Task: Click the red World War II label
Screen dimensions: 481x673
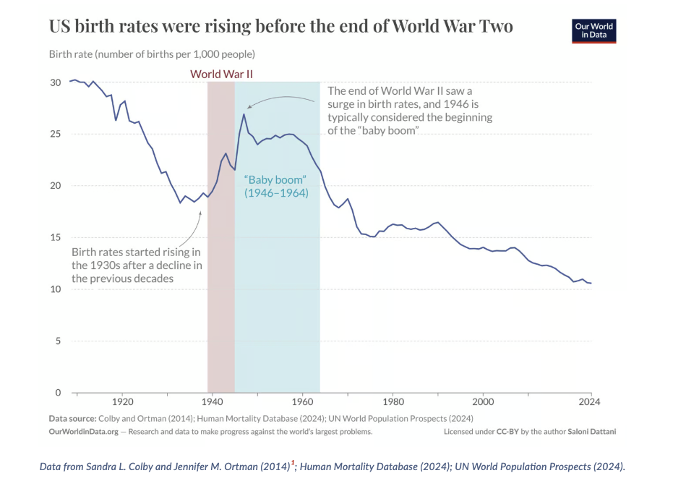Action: [x=221, y=74]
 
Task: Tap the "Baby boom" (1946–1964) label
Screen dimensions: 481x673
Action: [x=276, y=186]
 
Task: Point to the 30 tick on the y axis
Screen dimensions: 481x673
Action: [x=56, y=82]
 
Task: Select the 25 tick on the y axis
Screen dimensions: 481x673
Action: [x=56, y=135]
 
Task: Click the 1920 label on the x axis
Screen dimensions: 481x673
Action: [x=122, y=401]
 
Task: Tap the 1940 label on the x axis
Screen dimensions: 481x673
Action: [x=212, y=401]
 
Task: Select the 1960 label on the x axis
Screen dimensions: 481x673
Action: [x=302, y=401]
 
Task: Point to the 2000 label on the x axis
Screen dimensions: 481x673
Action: [x=482, y=401]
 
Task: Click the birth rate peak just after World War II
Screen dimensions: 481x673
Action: [x=244, y=114]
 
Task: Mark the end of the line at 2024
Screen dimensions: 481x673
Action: [x=591, y=283]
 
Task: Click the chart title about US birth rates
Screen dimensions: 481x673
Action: [x=280, y=27]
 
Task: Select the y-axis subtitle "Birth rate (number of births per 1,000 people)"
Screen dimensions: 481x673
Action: [x=152, y=54]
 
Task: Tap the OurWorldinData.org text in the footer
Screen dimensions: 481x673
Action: [x=83, y=431]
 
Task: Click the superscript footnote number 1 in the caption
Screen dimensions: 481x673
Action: [x=293, y=462]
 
